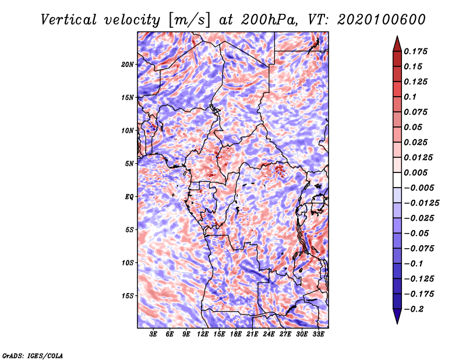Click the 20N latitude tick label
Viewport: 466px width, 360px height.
(x=128, y=65)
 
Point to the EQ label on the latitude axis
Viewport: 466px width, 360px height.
(x=129, y=197)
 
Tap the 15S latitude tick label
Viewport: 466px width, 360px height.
(x=128, y=296)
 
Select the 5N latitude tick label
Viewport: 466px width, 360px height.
(x=129, y=164)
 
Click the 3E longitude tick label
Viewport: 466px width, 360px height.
(x=153, y=334)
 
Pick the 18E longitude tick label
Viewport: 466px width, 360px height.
(x=235, y=334)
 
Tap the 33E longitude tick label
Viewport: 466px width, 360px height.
(x=318, y=334)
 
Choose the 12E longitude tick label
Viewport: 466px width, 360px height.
(x=202, y=334)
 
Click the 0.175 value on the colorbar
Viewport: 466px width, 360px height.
(x=415, y=51)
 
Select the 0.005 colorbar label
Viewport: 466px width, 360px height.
(x=415, y=172)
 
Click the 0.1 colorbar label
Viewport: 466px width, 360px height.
(x=410, y=97)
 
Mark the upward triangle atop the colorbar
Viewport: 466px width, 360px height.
(x=397, y=44)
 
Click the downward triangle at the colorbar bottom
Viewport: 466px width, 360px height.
(x=397, y=316)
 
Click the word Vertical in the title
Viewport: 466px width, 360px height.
(x=69, y=20)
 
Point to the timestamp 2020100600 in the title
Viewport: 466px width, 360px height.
(x=382, y=20)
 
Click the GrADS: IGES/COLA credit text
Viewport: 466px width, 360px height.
(x=33, y=355)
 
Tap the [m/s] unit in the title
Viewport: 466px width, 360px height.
(x=189, y=20)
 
